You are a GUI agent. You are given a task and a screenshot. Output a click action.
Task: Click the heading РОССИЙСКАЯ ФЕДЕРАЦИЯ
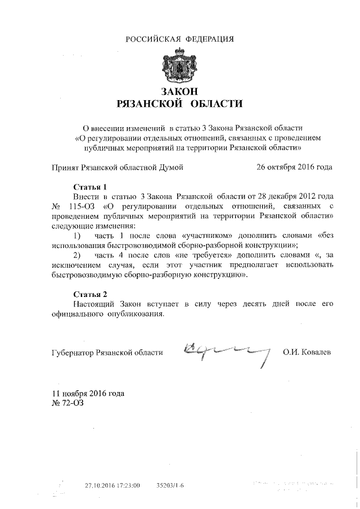point(179,39)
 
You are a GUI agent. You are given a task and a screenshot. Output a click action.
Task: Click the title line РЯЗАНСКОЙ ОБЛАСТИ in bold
point(180,103)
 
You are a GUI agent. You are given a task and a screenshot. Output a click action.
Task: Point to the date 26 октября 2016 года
point(294,166)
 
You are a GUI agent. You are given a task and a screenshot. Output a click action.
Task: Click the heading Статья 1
point(90,186)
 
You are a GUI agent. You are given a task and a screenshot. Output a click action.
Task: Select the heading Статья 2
point(90,294)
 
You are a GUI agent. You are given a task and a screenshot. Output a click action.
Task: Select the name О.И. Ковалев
point(307,353)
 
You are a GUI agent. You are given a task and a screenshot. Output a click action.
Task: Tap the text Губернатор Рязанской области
point(107,353)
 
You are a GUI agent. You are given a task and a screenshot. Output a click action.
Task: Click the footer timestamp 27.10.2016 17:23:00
point(112,484)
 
